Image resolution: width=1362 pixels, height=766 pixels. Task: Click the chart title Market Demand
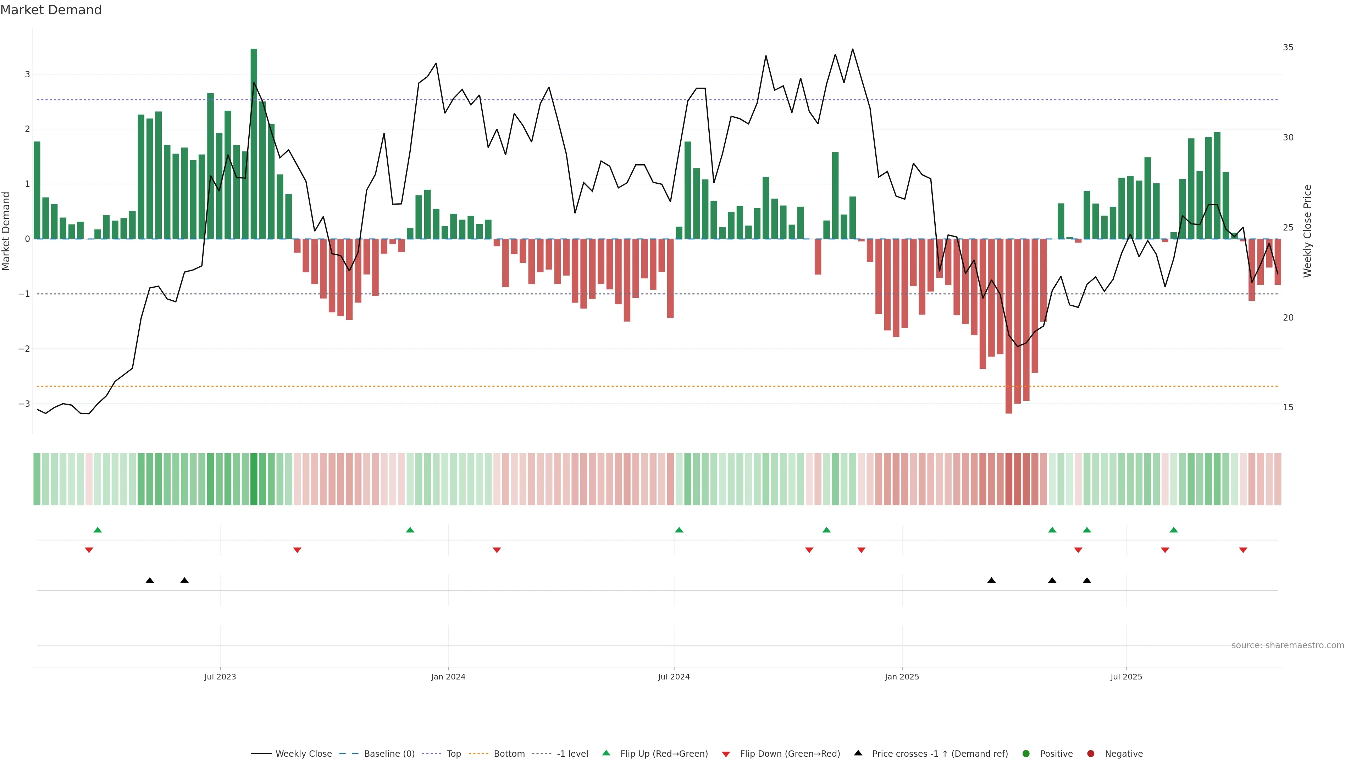51,10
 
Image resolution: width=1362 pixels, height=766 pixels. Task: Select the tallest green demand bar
254,143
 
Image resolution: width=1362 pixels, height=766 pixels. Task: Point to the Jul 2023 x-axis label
220,677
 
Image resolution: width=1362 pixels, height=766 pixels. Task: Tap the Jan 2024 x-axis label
448,677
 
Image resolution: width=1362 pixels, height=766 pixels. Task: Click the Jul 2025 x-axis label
1126,677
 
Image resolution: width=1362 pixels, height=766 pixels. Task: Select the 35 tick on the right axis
1288,48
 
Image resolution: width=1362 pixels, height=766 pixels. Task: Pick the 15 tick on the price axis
1288,407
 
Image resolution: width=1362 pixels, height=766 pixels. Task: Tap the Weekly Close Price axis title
1307,231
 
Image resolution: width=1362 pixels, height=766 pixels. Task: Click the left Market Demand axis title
6,231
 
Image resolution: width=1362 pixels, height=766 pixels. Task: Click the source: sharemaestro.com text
1288,645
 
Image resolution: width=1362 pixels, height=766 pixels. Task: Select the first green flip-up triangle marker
97,530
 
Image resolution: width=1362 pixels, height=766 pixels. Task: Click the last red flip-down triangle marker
1243,550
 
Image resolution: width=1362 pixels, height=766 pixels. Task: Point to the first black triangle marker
150,581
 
